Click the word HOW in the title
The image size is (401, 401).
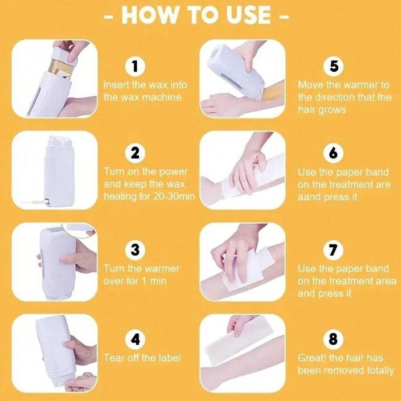(x=148, y=15)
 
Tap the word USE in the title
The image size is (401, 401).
(x=245, y=15)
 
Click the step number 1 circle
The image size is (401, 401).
(x=135, y=66)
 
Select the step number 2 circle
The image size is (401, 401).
(x=135, y=153)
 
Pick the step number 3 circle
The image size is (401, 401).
(x=135, y=250)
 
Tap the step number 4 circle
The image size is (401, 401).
(x=135, y=339)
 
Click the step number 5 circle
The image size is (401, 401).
(x=333, y=66)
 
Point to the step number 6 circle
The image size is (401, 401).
(x=333, y=153)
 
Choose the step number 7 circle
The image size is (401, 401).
(x=333, y=250)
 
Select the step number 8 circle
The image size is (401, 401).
(x=333, y=339)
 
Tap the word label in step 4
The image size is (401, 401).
(x=168, y=357)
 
